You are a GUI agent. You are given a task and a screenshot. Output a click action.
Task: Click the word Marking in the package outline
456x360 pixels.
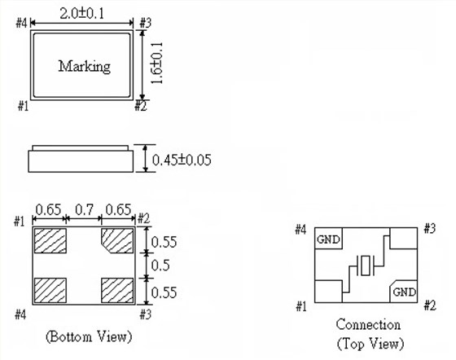tap(85, 67)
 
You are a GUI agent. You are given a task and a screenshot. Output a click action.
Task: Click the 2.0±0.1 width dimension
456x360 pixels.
tap(82, 14)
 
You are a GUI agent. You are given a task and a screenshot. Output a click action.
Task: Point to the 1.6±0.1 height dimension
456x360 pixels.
tap(156, 63)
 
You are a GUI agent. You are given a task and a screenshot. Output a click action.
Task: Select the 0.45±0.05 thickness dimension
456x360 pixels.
tap(182, 160)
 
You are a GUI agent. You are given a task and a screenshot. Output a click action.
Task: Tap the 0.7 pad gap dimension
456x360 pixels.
tap(84, 209)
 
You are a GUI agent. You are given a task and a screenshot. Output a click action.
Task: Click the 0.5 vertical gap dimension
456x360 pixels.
tap(160, 266)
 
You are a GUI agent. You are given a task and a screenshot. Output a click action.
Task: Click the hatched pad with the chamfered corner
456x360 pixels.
tap(117, 240)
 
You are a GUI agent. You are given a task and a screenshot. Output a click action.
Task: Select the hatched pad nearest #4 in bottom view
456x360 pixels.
tap(50, 290)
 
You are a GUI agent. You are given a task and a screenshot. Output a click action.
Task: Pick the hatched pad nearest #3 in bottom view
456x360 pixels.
tap(117, 290)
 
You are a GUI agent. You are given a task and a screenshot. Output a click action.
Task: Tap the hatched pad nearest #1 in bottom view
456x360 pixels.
tap(50, 240)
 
